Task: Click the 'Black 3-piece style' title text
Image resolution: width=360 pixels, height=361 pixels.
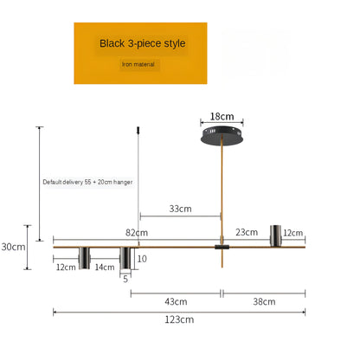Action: [x=142, y=42]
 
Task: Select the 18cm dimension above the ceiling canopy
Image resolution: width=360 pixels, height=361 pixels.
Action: [x=222, y=116]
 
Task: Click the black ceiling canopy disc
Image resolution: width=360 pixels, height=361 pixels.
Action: [x=222, y=135]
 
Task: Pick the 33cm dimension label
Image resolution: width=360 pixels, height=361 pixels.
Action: [x=180, y=209]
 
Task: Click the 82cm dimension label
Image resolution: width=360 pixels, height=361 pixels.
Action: [x=136, y=233]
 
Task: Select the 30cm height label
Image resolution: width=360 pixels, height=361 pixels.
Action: [x=13, y=247]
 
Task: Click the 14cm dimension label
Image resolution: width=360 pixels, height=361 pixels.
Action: [x=105, y=268]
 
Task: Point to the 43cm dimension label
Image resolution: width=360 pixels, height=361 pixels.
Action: [x=176, y=301]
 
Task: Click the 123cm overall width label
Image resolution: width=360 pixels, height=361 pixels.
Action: [x=179, y=319]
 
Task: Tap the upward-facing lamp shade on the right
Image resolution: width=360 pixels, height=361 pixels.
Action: [x=277, y=235]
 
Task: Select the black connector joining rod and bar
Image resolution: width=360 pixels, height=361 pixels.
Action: [x=222, y=248]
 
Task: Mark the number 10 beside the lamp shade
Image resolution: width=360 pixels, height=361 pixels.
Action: [x=143, y=258]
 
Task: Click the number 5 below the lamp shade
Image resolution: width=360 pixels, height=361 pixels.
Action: [x=125, y=278]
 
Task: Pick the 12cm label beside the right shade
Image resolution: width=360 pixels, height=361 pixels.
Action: [x=294, y=233]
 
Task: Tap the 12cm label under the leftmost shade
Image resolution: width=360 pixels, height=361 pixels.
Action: [x=66, y=268]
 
